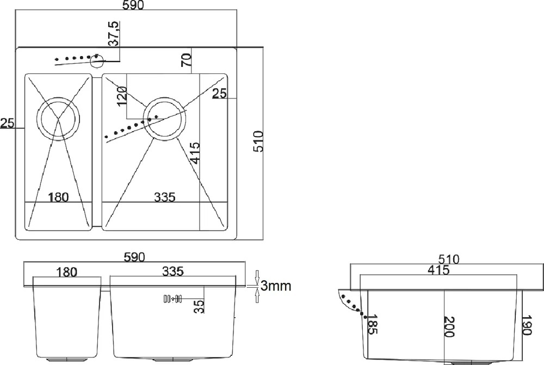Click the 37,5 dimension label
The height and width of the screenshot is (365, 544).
[x=114, y=34]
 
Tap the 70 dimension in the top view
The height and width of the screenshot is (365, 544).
[x=186, y=60]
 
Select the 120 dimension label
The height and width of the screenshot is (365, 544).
[x=122, y=96]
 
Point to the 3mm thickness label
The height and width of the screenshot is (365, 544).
[x=276, y=286]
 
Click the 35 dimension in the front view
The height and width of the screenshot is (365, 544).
[x=199, y=307]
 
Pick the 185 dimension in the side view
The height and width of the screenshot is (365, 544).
[x=372, y=324]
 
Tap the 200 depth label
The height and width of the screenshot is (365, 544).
[x=449, y=326]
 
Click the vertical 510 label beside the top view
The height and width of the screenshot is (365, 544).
[x=258, y=141]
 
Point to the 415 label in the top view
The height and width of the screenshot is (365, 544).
[x=195, y=153]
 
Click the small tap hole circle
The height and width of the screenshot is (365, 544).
[x=97, y=61]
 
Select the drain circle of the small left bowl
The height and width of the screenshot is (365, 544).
[x=58, y=119]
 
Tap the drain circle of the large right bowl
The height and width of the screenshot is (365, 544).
[x=165, y=119]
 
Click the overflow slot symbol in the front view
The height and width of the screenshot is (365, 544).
[x=172, y=299]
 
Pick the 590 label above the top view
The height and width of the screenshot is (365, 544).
[x=133, y=5]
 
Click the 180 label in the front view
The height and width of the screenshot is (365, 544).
[x=66, y=273]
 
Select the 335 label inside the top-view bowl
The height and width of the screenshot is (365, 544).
[x=165, y=197]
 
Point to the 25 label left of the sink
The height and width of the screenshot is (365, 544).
[x=7, y=123]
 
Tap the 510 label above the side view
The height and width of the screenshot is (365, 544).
[x=449, y=259]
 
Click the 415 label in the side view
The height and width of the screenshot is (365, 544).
[x=438, y=270]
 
